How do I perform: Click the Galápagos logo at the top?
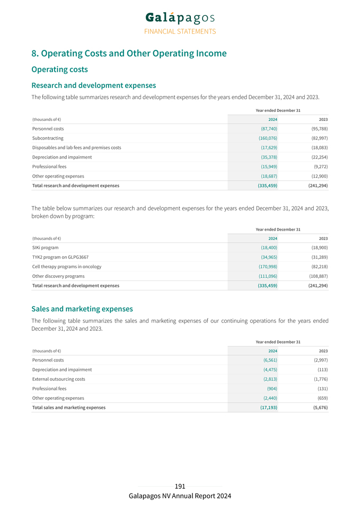[x=180, y=17]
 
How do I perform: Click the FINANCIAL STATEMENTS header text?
[x=180, y=31]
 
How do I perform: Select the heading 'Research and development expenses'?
[x=93, y=85]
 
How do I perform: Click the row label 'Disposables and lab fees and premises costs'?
[x=76, y=147]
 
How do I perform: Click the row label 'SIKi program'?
[x=46, y=248]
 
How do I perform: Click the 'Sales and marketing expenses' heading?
[x=82, y=309]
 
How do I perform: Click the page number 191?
[x=180, y=486]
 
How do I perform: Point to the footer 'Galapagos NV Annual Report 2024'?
[x=180, y=496]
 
